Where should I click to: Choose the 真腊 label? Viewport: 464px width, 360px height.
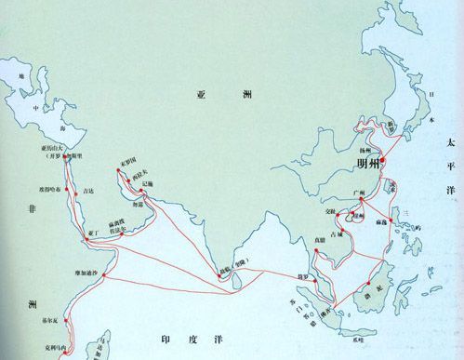pos(319,239)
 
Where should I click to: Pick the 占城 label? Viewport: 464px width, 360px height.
pos(343,233)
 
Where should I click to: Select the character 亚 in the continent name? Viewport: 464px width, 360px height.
pos(200,95)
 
